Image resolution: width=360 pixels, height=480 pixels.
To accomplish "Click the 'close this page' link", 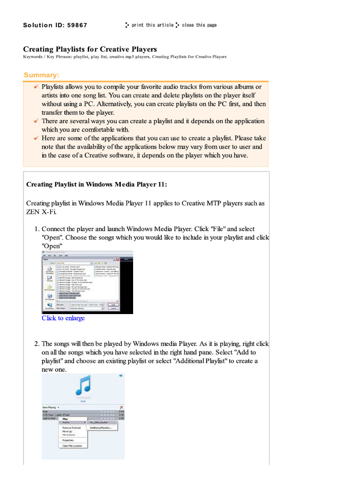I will (x=199, y=25).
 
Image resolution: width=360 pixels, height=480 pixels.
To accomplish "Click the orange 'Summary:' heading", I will (x=42, y=75).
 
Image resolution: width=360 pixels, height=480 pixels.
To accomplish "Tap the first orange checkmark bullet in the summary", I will (x=36, y=87).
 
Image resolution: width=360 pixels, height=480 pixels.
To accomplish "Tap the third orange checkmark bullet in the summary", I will (x=36, y=138).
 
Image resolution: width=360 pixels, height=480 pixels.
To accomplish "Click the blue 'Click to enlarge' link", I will (x=63, y=318).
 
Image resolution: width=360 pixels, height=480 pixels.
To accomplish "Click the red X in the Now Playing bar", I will (x=121, y=407).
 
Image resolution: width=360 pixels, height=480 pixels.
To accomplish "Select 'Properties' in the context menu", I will (x=68, y=440).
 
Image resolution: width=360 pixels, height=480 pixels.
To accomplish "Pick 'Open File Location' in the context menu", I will (x=72, y=446).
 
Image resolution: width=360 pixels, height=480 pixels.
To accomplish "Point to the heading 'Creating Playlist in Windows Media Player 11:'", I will (x=96, y=184).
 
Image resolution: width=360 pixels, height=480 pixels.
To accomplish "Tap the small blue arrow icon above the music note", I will (x=121, y=375).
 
